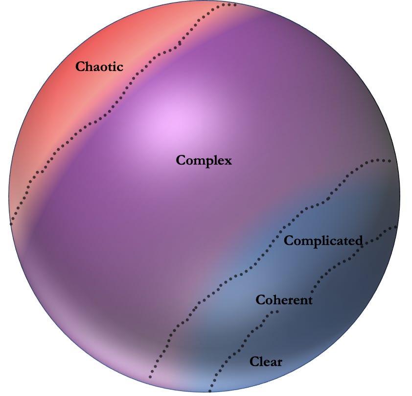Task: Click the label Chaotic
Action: coord(99,66)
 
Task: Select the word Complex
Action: coord(204,160)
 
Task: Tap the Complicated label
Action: coord(323,241)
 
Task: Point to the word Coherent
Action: coord(284,299)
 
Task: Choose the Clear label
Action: coord(266,362)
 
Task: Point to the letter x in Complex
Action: coord(227,161)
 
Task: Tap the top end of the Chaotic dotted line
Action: coord(235,5)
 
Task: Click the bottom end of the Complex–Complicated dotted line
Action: coord(150,377)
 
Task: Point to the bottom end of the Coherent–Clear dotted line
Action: coord(210,391)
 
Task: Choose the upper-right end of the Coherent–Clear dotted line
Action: coord(395,227)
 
